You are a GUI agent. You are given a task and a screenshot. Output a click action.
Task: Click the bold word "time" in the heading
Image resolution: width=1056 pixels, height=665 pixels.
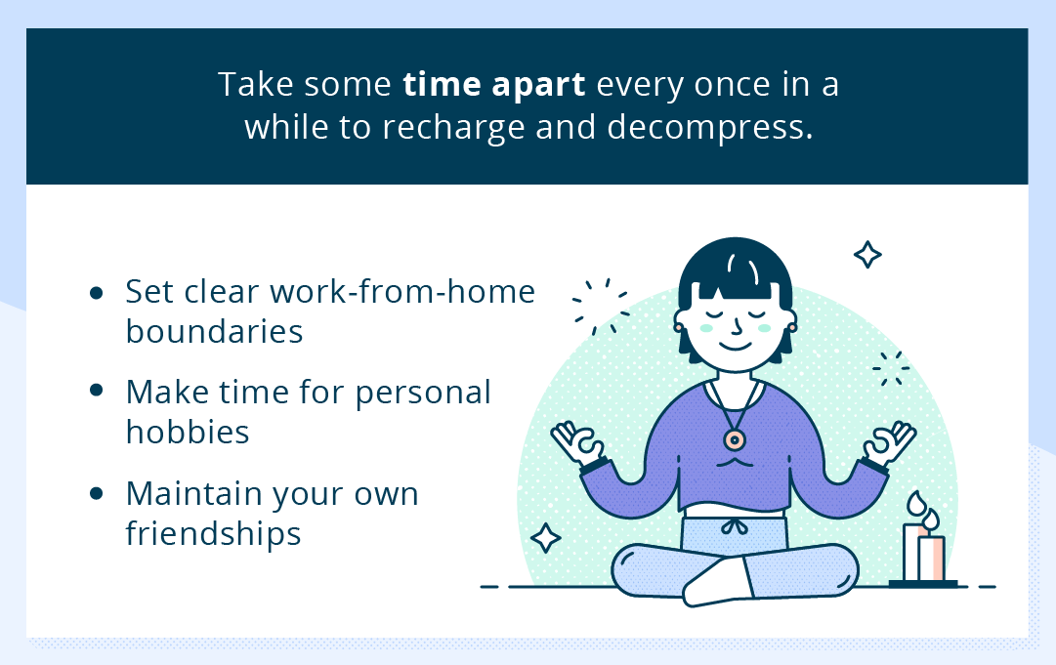pyautogui.click(x=437, y=85)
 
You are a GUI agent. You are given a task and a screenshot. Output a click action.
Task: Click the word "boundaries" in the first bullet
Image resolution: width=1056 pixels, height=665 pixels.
pyautogui.click(x=214, y=332)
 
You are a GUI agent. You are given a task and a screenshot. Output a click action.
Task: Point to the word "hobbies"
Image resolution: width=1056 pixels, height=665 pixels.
pyautogui.click(x=188, y=432)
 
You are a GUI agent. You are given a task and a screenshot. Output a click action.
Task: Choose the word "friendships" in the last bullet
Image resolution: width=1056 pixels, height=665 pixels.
pyautogui.click(x=213, y=534)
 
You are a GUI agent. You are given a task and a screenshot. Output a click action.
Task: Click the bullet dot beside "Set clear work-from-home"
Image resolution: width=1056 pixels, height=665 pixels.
pyautogui.click(x=96, y=292)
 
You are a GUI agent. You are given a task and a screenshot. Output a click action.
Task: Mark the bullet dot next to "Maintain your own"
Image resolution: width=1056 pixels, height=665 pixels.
pyautogui.click(x=96, y=494)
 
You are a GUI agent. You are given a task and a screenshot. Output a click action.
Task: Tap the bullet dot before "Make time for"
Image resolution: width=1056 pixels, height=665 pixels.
pyautogui.click(x=96, y=391)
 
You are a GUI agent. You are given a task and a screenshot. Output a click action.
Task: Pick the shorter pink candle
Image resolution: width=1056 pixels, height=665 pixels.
pyautogui.click(x=932, y=558)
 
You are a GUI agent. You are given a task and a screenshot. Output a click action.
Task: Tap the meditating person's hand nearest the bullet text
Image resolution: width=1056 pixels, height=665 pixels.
pyautogui.click(x=575, y=442)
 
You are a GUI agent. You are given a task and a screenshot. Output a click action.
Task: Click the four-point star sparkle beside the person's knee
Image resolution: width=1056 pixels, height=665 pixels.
pyautogui.click(x=545, y=538)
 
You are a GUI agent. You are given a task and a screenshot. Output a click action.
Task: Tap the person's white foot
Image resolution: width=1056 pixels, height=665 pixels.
pyautogui.click(x=713, y=586)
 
